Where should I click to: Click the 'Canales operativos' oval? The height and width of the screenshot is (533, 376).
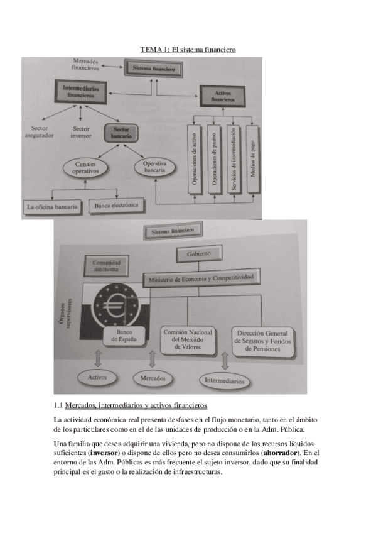(x=85, y=168)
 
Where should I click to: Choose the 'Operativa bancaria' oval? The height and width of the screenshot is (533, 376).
(x=154, y=167)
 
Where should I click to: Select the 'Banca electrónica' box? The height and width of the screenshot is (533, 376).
(x=117, y=205)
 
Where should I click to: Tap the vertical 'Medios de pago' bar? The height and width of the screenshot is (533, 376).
(x=252, y=158)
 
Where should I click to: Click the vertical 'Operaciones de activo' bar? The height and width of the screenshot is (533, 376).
(x=195, y=158)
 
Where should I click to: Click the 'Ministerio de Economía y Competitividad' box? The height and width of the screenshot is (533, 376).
(x=201, y=277)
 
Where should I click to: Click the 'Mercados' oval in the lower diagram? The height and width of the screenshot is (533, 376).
(x=153, y=378)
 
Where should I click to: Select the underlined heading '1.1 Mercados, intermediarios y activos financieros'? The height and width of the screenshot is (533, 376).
(x=131, y=404)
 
